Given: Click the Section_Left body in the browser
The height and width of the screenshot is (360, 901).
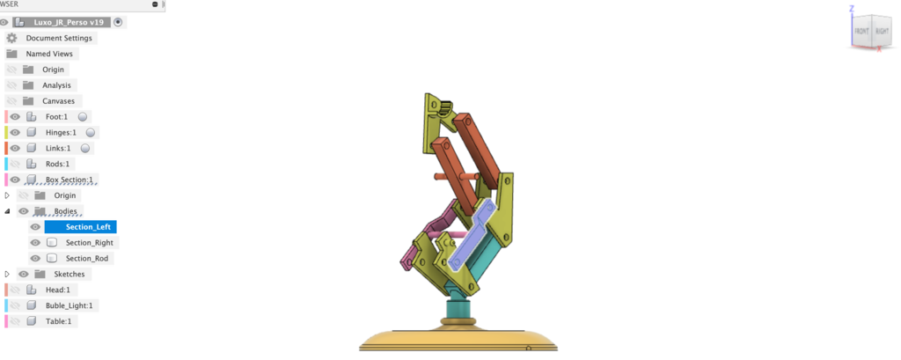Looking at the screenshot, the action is coord(88,226).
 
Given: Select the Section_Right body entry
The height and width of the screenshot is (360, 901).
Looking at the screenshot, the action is coord(89,243).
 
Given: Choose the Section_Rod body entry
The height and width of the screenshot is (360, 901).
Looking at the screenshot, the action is coord(87,258).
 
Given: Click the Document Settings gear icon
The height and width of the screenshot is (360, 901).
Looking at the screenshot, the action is coord(11,38).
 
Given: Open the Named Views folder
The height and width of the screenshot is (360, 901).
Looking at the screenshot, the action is coord(49,54).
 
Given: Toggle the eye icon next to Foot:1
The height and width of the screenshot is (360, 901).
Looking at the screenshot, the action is coord(15,117).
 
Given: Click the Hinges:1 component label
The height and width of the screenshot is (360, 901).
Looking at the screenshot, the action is coord(61,132).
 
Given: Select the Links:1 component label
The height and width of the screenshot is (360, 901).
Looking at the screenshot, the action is coord(58,149).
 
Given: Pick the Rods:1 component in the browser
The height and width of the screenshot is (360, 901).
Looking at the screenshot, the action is coord(57,164).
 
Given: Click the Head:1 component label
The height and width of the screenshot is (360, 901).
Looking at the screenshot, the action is coord(57,290).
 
